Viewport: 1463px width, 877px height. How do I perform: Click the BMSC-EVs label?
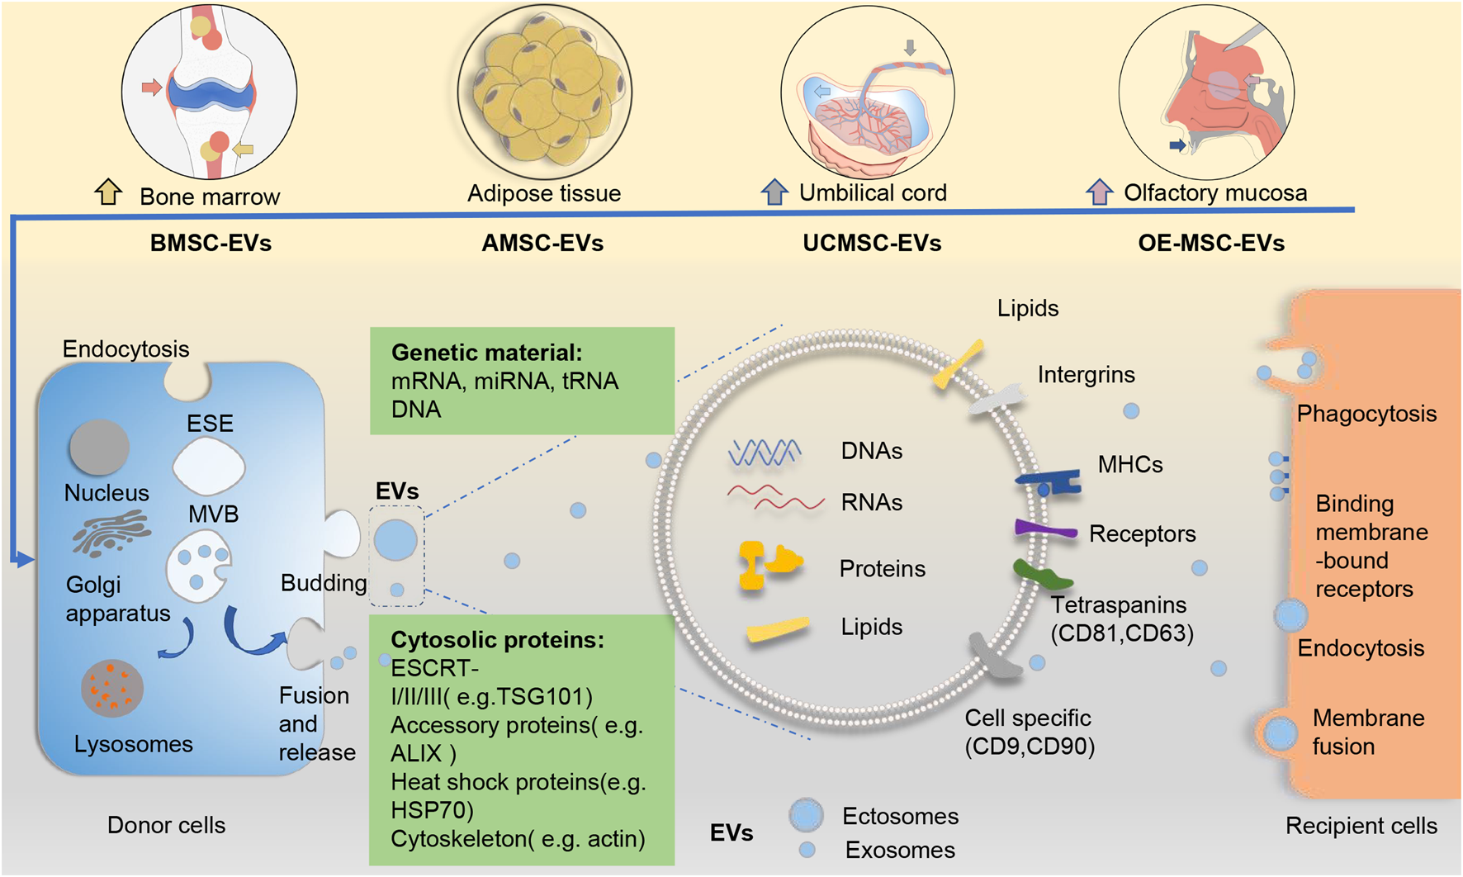[211, 244]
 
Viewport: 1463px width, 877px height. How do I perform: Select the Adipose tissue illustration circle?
[544, 92]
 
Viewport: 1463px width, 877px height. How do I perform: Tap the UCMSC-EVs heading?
[872, 244]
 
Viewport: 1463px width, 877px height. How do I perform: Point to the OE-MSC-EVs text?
[1211, 244]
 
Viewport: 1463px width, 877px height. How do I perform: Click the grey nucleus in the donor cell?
[99, 447]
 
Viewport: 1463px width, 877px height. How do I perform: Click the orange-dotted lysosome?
[112, 688]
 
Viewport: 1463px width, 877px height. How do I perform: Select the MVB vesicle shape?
[199, 566]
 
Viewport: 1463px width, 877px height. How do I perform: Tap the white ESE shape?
[208, 467]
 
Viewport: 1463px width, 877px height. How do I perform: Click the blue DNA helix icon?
[765, 453]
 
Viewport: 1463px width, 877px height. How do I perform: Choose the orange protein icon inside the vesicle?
[769, 564]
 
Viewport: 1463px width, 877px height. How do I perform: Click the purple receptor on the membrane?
[1045, 530]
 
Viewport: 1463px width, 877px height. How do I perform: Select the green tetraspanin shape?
[1042, 574]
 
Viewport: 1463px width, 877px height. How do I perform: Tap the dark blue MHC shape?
[1049, 481]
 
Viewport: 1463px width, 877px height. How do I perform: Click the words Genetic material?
[486, 353]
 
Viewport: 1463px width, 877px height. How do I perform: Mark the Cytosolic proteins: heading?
[497, 640]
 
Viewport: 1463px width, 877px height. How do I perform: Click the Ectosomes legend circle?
[806, 815]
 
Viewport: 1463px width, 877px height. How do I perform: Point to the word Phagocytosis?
[1366, 414]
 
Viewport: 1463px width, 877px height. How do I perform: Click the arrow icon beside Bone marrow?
[108, 192]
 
